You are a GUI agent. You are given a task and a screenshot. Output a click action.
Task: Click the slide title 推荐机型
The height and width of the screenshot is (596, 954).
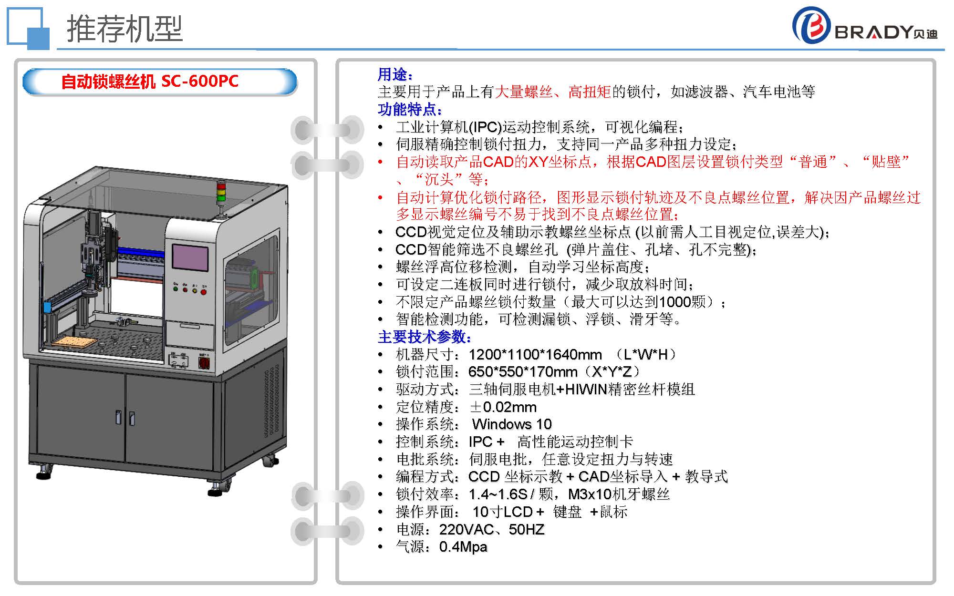pyautogui.click(x=125, y=28)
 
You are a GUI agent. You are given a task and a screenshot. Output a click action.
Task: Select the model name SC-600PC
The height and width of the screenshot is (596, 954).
pyautogui.click(x=200, y=81)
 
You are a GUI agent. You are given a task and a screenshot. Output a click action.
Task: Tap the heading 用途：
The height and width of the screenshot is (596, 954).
pyautogui.click(x=395, y=74)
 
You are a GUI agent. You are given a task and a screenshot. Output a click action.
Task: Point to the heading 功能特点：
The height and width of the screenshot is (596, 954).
pyautogui.click(x=410, y=109)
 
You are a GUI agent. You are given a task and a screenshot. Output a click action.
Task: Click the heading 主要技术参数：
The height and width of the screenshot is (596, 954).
pyautogui.click(x=425, y=337)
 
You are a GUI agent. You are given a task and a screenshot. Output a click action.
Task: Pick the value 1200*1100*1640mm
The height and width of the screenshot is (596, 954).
pyautogui.click(x=535, y=355)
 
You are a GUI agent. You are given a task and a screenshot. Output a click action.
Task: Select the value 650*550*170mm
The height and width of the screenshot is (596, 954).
pyautogui.click(x=523, y=372)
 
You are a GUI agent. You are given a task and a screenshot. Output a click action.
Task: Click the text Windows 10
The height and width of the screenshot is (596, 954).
pyautogui.click(x=512, y=424)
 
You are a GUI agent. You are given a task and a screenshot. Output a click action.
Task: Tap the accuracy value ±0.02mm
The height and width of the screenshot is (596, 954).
pyautogui.click(x=503, y=407)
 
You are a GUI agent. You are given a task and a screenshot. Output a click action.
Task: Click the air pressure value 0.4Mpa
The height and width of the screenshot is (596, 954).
pyautogui.click(x=463, y=547)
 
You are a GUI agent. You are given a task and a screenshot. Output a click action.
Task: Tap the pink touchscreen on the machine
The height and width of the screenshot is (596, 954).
pyautogui.click(x=190, y=257)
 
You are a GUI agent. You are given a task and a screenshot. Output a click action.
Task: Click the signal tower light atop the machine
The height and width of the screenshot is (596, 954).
pyautogui.click(x=220, y=195)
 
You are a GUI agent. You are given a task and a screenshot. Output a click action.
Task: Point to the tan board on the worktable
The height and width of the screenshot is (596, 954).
pyautogui.click(x=74, y=342)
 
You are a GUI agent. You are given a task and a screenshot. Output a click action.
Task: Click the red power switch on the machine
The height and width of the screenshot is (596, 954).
pyautogui.click(x=204, y=363)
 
